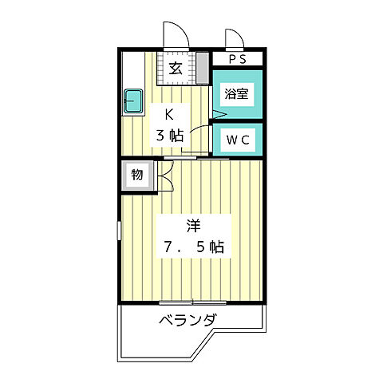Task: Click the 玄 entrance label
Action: [175, 68]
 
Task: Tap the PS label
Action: [237, 60]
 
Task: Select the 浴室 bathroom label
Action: [236, 94]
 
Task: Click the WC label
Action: [237, 140]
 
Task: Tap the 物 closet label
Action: [136, 175]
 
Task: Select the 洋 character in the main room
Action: [191, 225]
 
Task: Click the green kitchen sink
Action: [133, 101]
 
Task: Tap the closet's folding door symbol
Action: [163, 176]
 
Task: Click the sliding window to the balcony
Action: [191, 302]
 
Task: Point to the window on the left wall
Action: [120, 232]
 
